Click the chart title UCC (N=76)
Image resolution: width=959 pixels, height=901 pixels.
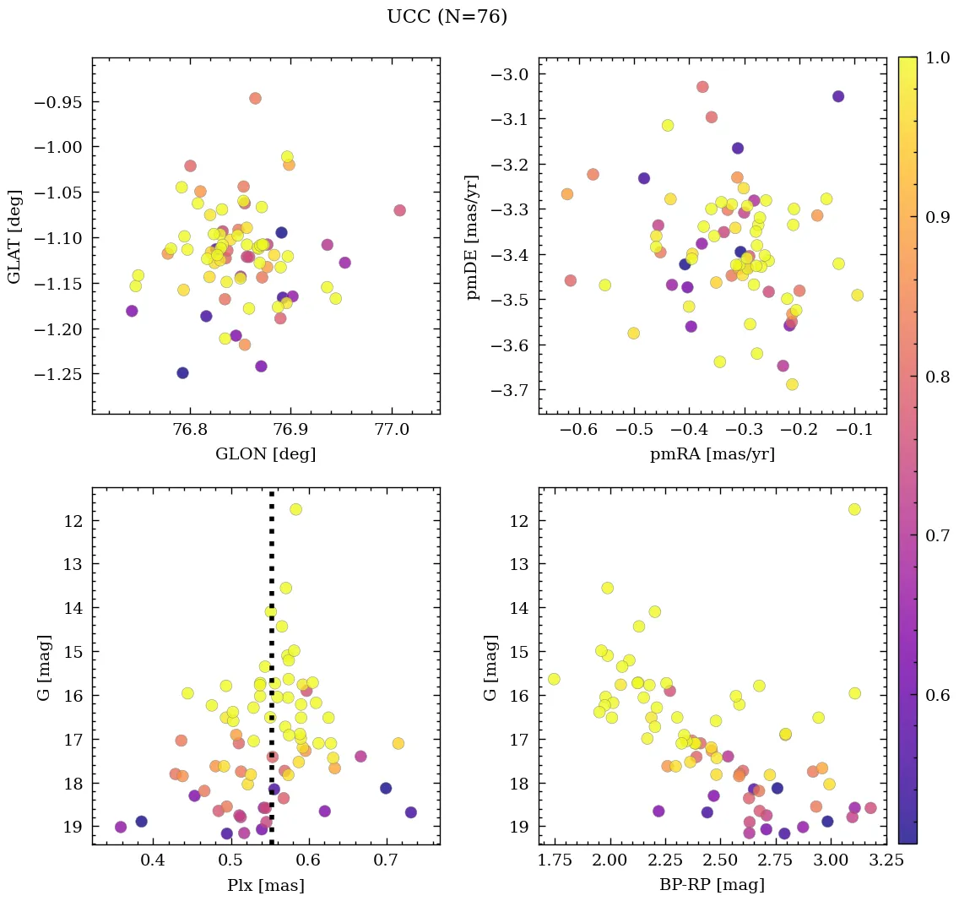click(x=447, y=17)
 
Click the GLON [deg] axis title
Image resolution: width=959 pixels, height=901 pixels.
click(x=265, y=454)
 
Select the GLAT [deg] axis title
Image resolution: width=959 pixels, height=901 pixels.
click(x=14, y=236)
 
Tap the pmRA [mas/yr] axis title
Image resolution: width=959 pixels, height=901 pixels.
click(x=712, y=454)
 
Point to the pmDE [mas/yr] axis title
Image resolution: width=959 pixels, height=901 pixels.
click(x=473, y=236)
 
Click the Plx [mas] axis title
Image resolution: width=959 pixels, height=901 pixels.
click(x=265, y=885)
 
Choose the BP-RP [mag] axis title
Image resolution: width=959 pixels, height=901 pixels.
click(x=712, y=885)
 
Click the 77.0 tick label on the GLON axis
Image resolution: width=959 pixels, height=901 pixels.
click(x=392, y=431)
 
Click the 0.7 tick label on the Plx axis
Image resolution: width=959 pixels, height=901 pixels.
click(x=387, y=861)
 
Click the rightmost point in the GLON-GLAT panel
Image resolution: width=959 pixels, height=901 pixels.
click(x=399, y=210)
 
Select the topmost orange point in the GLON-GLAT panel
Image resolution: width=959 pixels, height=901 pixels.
click(x=255, y=98)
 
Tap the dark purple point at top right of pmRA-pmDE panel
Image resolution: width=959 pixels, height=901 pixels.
click(x=837, y=96)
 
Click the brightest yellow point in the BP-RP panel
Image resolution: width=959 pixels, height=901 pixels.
click(x=854, y=509)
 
